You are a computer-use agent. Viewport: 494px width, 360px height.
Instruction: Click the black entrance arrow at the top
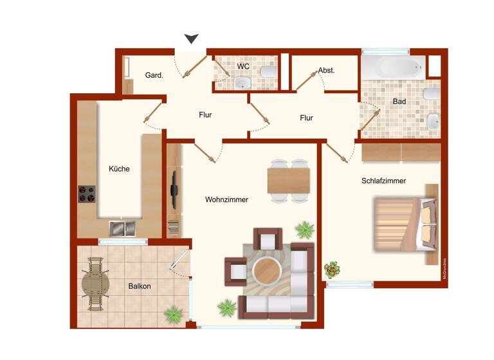(192, 39)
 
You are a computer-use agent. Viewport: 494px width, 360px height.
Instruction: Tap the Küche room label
(119, 169)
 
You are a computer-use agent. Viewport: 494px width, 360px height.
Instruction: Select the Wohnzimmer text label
(226, 200)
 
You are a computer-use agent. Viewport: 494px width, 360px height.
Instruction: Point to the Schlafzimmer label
(383, 181)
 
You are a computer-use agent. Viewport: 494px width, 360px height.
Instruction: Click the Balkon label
(139, 286)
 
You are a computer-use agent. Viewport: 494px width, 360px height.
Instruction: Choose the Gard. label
(154, 75)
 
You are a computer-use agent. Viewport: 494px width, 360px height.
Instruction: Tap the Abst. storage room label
(326, 71)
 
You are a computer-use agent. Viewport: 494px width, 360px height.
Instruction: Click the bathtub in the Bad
(392, 67)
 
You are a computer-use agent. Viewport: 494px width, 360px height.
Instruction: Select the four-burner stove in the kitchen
(87, 194)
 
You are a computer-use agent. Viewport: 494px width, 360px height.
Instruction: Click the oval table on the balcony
(95, 283)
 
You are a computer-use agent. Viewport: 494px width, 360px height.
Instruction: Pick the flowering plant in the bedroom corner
(332, 269)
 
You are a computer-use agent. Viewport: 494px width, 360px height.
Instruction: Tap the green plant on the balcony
(173, 314)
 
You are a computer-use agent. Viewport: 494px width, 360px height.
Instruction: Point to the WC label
(243, 67)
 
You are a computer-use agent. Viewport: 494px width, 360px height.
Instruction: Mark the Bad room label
(399, 102)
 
